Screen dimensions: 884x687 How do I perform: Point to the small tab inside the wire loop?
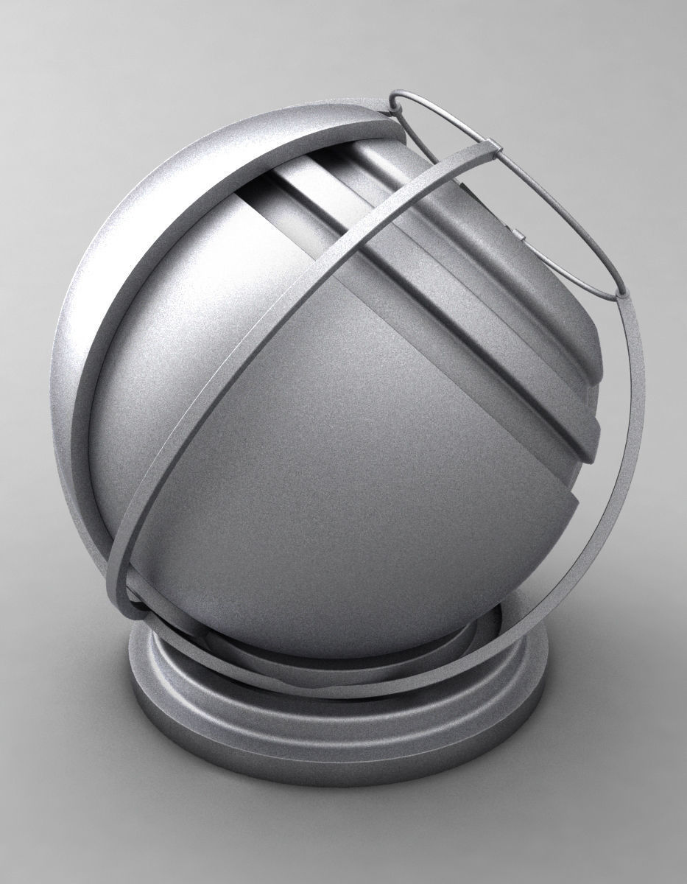coord(521,236)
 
